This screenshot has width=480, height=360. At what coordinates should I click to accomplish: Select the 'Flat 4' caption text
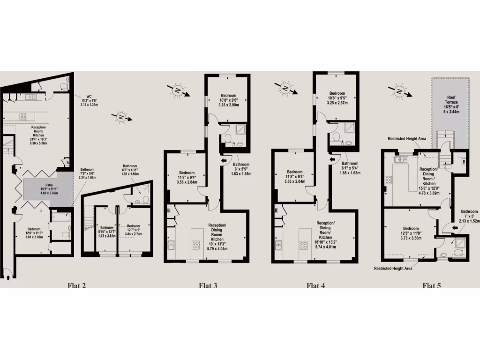tap(316, 285)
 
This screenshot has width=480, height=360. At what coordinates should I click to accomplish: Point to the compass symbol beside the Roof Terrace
tap(399, 91)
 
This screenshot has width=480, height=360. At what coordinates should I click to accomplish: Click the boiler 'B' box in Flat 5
tap(464, 162)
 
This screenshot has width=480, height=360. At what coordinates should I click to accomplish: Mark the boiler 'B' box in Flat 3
tap(168, 211)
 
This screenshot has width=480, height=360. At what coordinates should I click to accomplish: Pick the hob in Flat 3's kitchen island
tap(195, 244)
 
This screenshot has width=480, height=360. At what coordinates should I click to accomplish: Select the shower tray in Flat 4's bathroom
tap(351, 127)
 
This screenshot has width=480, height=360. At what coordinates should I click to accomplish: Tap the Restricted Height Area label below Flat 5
tap(393, 268)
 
